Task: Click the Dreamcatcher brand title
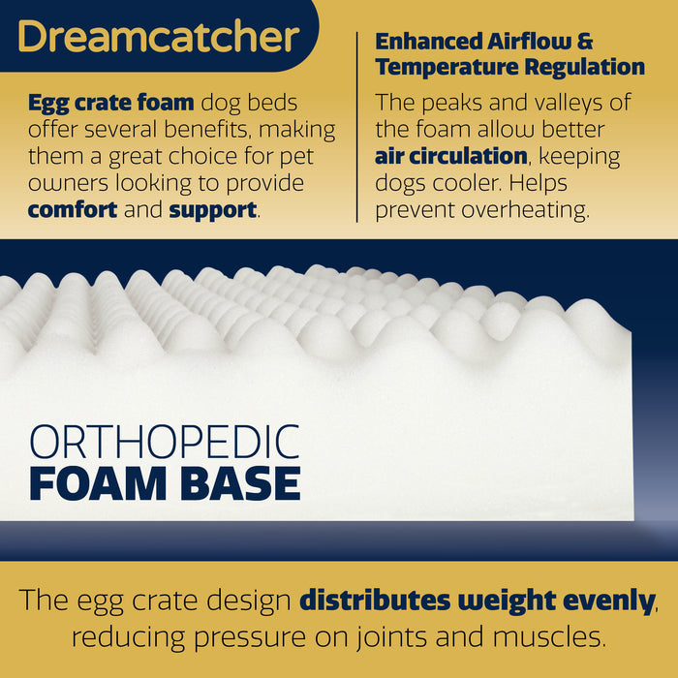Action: [157, 37]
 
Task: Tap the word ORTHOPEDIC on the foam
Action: [164, 442]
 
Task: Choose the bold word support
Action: [213, 208]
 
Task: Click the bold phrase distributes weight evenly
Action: [477, 601]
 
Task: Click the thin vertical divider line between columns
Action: [357, 126]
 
